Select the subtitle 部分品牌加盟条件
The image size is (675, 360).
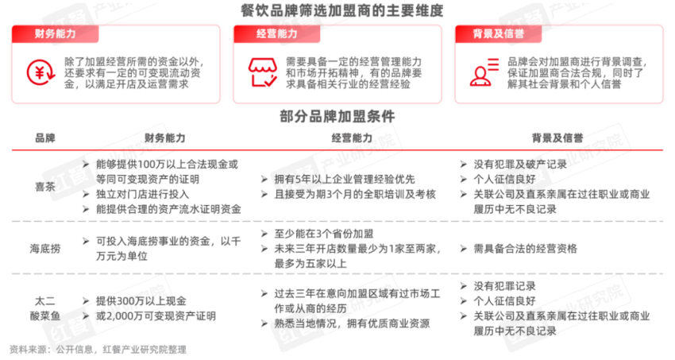pos(337,114)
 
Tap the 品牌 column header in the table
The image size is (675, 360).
pos(45,137)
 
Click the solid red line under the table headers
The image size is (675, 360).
pos(337,149)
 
